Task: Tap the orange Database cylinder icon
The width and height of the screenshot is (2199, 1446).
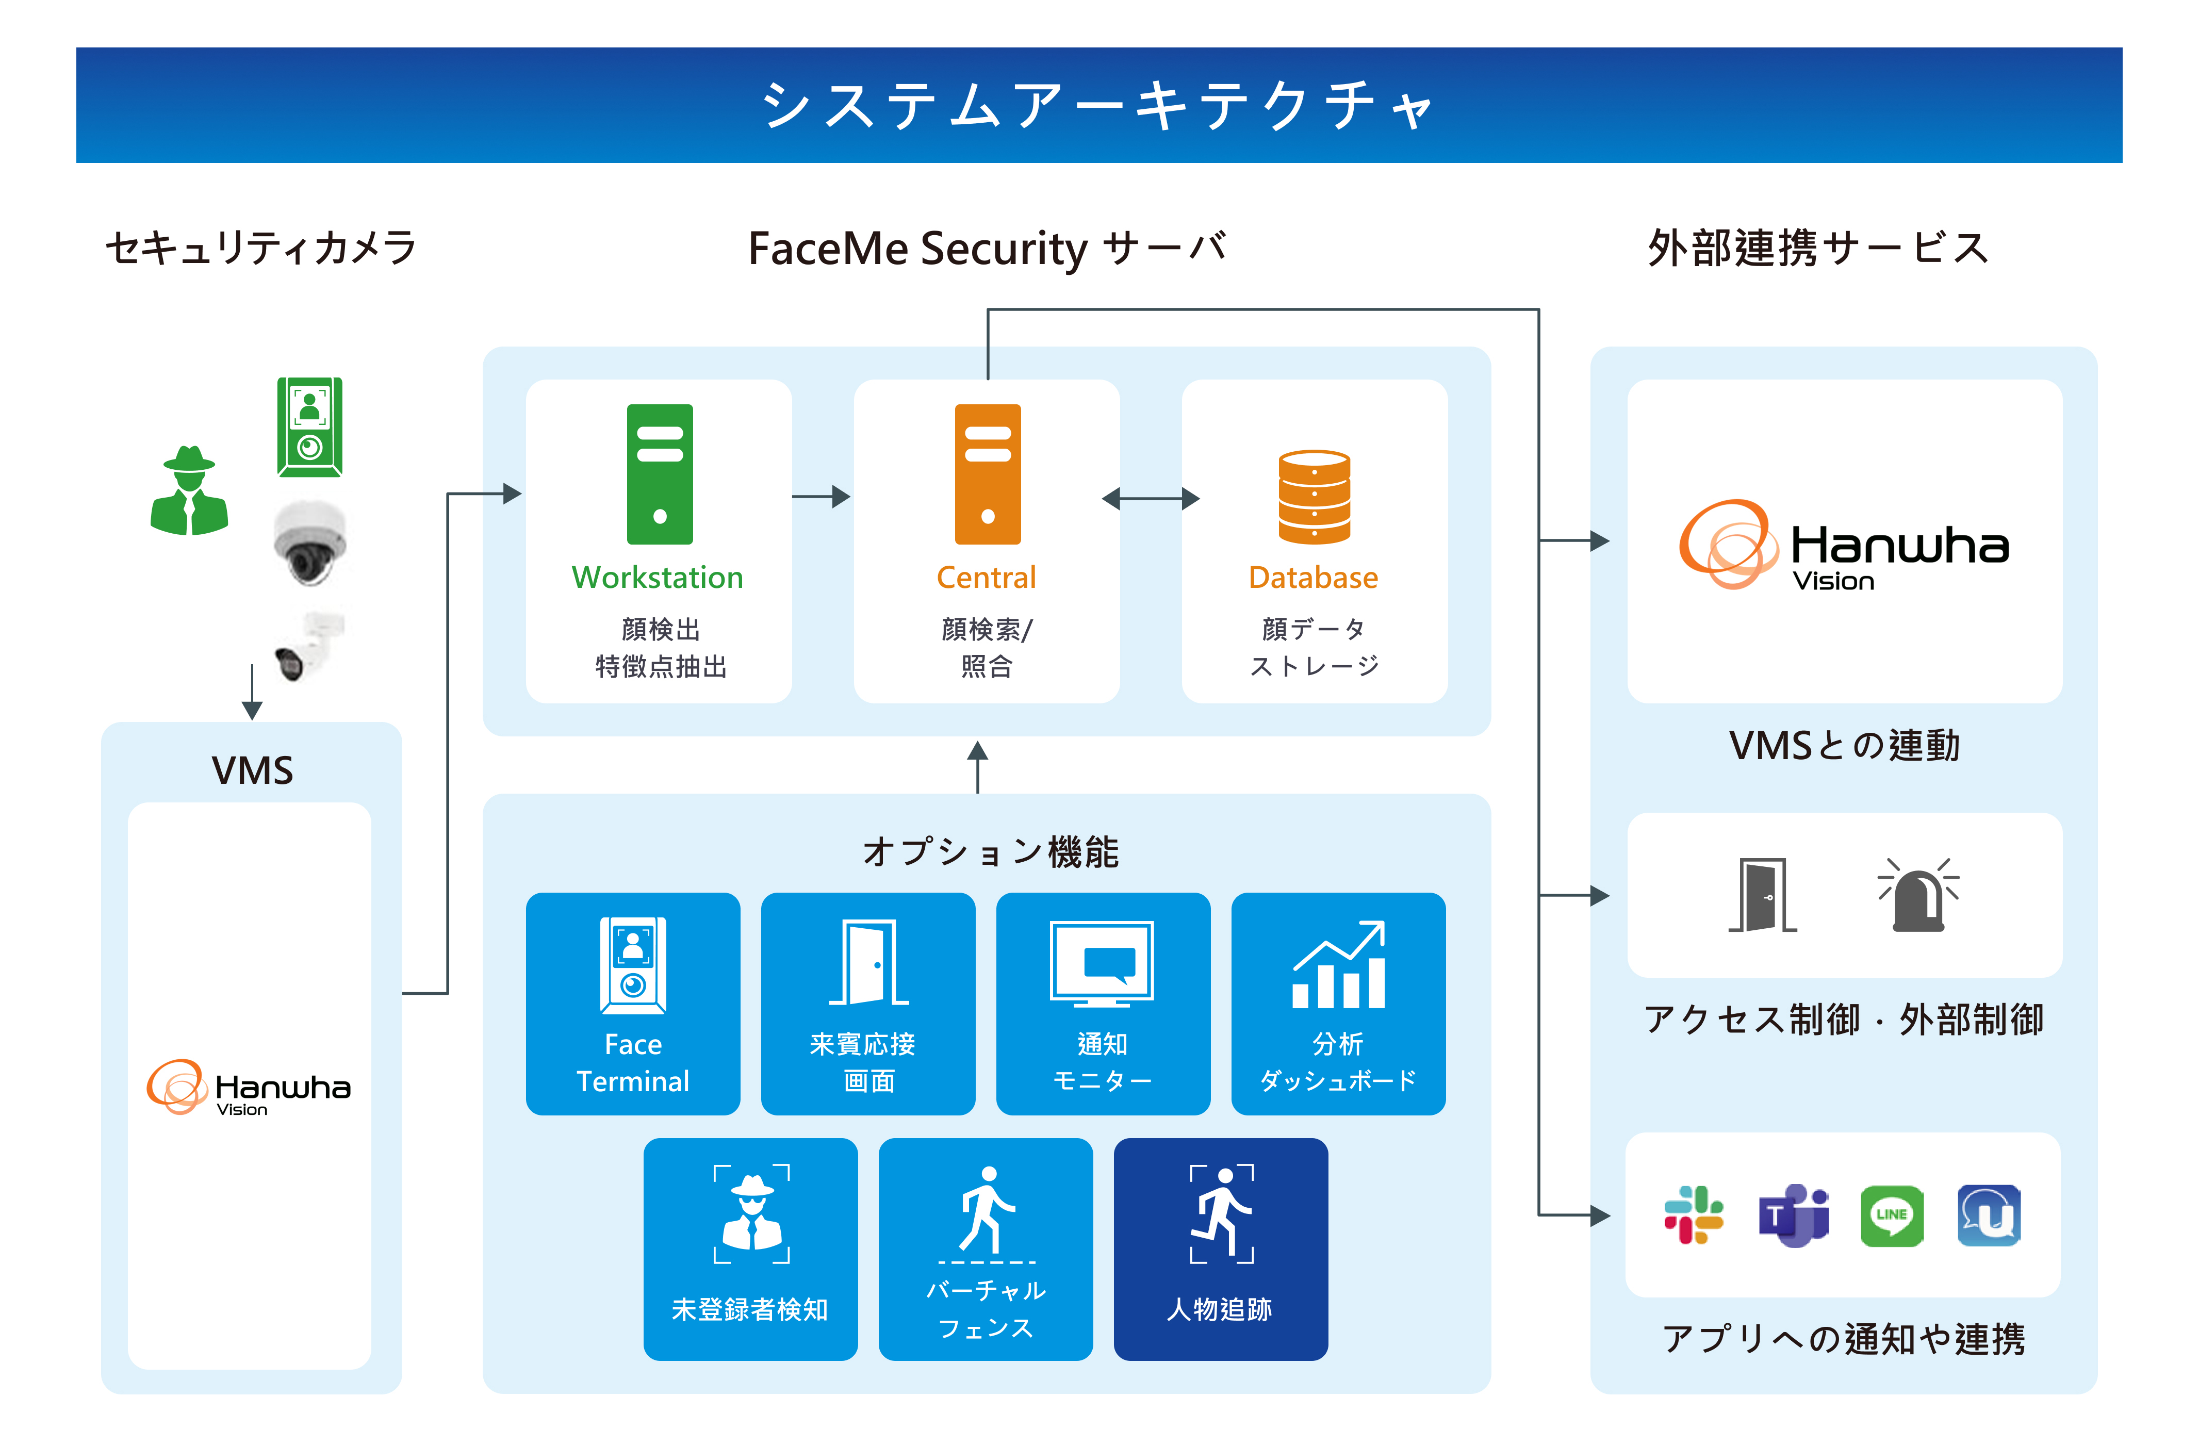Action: (x=1314, y=496)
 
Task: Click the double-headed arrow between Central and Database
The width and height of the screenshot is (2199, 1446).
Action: (x=1151, y=499)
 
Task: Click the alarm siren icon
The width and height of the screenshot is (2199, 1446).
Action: (x=1918, y=894)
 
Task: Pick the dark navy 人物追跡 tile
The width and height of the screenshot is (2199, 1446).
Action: (x=1221, y=1248)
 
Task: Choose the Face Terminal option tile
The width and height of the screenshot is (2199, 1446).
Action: (x=633, y=1004)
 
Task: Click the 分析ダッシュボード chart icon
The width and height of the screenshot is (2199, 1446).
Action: (x=1339, y=965)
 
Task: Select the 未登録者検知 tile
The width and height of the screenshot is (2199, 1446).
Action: (x=750, y=1248)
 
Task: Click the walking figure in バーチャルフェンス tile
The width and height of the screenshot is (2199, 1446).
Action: (x=987, y=1210)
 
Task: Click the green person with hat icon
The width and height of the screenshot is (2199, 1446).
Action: (x=189, y=490)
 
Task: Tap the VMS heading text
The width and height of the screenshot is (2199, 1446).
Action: (x=252, y=769)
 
